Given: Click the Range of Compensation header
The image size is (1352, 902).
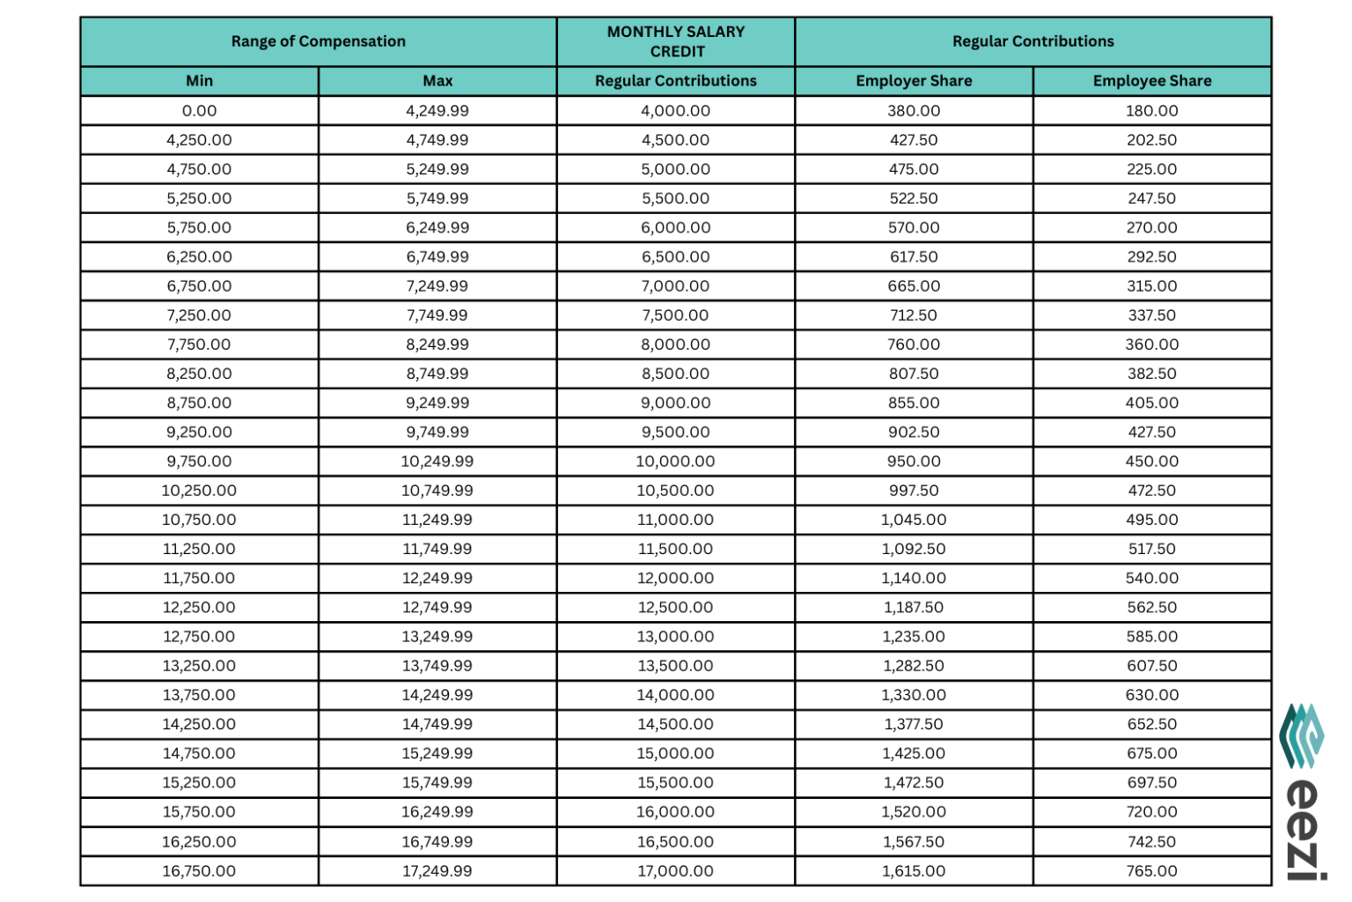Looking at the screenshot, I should coord(318,41).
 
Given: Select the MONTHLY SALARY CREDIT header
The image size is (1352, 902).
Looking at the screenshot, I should coord(675,41).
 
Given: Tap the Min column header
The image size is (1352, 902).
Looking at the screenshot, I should coord(199,81).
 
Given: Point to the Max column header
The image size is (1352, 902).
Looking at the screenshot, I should coord(437,81).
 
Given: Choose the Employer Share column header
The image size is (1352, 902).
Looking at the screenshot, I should coord(914,81).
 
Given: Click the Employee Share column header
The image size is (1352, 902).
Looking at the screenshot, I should coord(1151,81).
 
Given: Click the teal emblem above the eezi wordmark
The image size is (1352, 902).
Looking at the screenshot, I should coord(1302,736).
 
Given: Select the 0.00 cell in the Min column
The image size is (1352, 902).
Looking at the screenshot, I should coord(199,111).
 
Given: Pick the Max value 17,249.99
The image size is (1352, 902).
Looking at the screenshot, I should coord(437,871).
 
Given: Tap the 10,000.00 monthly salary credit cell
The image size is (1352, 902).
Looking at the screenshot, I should coord(675,462).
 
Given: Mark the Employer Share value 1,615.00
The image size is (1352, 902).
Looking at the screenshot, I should coord(914,871).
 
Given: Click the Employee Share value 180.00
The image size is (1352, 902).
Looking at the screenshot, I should coord(1151,111).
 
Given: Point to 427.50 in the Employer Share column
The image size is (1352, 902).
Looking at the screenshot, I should coord(914,140).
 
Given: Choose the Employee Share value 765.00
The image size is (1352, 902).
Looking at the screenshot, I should coord(1151,871).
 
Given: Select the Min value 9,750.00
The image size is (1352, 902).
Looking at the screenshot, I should coord(199,462).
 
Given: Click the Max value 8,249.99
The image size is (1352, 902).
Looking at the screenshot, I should coord(437,344).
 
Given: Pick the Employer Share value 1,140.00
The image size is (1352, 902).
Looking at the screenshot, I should coord(914,579).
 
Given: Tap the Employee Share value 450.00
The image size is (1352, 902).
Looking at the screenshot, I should coord(1151,462).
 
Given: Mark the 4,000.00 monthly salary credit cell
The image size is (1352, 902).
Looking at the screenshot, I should coord(675,111).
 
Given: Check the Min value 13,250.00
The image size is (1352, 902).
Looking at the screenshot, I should coord(199,666).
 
